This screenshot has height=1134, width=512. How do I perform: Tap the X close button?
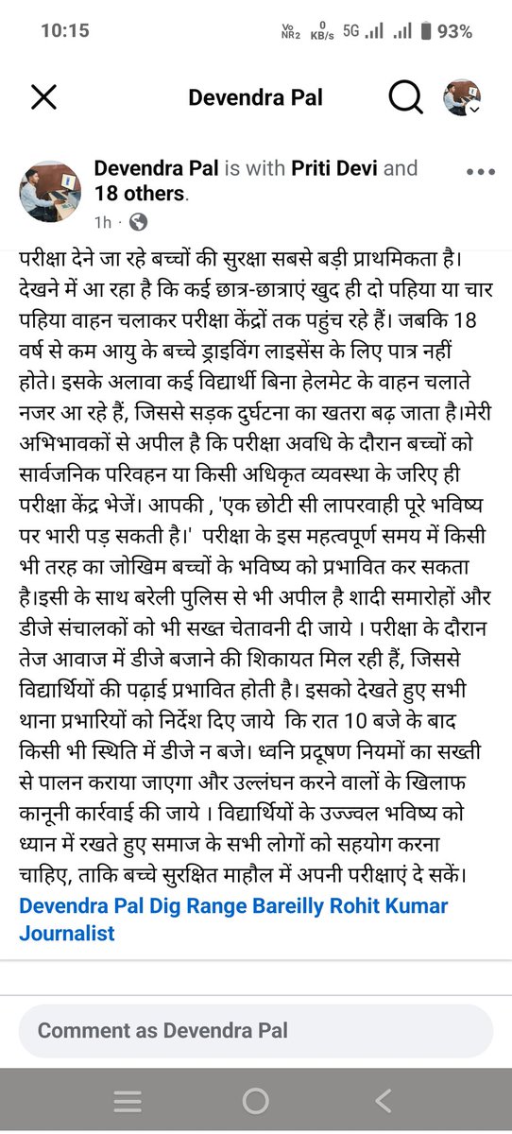pos(44,96)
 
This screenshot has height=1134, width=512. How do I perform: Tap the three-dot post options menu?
pos(481,172)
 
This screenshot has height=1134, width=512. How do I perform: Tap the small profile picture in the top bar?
pos(462,96)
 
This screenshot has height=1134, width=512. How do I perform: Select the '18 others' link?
pos(140,194)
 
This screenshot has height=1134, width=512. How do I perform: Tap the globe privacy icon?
pos(138,223)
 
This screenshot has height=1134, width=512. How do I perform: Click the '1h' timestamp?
pos(103,223)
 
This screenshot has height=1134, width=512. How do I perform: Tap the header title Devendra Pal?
pos(255,97)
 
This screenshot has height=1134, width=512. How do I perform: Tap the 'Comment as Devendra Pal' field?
pos(256,1030)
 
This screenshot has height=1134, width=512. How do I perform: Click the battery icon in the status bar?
pos(426,30)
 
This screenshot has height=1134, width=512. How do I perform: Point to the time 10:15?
pos(65,30)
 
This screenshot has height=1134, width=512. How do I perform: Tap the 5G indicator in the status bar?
pos(352,30)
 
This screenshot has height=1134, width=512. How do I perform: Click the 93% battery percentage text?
pos(454,30)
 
